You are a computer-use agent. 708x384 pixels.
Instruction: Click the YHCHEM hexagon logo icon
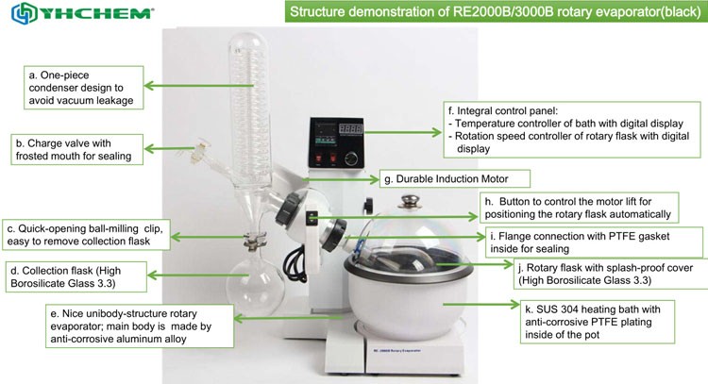click(x=24, y=13)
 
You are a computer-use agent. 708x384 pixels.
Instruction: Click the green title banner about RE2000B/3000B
click(x=496, y=11)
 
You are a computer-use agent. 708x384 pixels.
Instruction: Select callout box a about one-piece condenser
click(x=83, y=88)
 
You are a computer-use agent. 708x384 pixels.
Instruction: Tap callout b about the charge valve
click(x=76, y=149)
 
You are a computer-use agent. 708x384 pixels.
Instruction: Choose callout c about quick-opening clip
click(x=86, y=235)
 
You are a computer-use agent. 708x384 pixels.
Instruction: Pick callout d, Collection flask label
click(x=76, y=276)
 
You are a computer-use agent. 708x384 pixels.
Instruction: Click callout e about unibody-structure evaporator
click(x=140, y=326)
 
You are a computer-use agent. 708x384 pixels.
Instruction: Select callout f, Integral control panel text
click(x=572, y=129)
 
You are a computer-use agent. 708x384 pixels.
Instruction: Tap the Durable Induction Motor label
click(x=454, y=178)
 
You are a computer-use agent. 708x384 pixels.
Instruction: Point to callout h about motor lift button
click(x=579, y=208)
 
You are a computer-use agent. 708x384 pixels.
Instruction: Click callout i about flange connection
click(x=594, y=242)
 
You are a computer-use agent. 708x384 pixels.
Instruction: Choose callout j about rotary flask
click(x=611, y=274)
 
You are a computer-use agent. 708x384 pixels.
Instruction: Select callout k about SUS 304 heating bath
click(x=598, y=322)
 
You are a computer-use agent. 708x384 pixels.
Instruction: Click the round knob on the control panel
click(x=351, y=159)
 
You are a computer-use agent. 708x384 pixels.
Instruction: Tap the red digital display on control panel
click(x=351, y=128)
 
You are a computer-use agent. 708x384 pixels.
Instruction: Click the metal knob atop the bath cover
click(x=409, y=201)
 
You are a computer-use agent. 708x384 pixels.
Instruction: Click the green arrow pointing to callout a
click(x=198, y=86)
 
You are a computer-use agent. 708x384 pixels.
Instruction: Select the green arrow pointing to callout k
click(x=480, y=305)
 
